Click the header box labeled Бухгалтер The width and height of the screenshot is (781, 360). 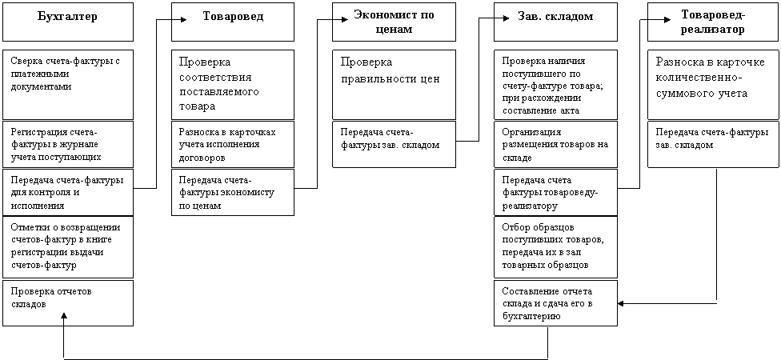[68, 22]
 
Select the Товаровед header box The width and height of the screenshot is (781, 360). [233, 22]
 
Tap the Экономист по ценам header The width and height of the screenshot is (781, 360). [394, 22]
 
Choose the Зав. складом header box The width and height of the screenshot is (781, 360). [556, 22]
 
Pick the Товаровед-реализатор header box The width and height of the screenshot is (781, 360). [713, 22]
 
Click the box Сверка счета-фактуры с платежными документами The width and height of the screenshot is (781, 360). [68, 85]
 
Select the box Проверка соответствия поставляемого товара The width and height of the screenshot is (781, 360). [233, 85]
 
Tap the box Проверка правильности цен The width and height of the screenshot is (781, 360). [394, 85]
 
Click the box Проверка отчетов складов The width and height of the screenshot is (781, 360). [68, 302]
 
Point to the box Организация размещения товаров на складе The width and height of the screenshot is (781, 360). [556, 144]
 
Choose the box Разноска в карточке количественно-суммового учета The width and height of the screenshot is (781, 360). [713, 85]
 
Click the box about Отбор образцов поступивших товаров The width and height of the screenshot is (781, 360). [556, 247]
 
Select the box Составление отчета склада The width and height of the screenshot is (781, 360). [556, 302]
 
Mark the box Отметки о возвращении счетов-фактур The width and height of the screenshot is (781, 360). [68, 247]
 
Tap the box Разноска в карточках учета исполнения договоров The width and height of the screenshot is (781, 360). [233, 144]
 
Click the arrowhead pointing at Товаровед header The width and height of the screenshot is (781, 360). [183, 19]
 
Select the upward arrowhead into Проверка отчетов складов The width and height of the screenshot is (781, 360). [65, 316]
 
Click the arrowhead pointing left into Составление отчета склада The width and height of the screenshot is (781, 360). [621, 302]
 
